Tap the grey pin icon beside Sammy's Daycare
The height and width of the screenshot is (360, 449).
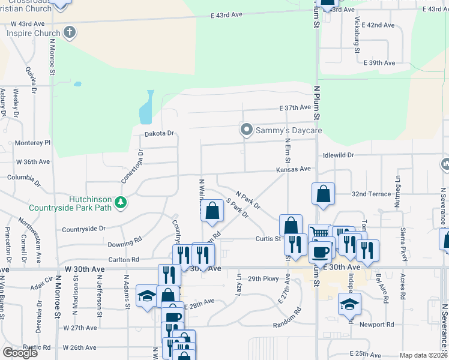pos(246,130)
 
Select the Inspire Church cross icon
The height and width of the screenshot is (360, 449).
pos(70,32)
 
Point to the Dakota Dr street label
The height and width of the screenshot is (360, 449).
pos(159,133)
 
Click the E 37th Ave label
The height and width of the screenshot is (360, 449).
pos(296,107)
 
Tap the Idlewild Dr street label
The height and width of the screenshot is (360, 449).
pos(338,155)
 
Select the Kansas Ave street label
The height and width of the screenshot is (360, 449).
pos(294,170)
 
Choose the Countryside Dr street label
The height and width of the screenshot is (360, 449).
pos(83,229)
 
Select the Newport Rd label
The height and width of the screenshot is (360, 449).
pos(377,325)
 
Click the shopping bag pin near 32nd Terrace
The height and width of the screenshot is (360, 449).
pos(323,194)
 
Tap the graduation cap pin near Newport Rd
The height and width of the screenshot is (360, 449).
pos(349,304)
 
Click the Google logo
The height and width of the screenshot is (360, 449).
pos(20,353)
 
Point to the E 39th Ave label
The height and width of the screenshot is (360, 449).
pos(381,63)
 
